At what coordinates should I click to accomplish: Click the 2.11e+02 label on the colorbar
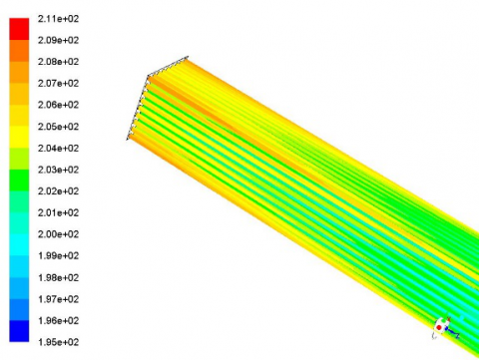coord(58,19)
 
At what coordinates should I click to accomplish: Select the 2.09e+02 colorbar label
coord(58,40)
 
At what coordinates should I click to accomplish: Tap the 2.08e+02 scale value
coord(58,62)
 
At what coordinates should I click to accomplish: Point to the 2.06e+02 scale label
coord(58,105)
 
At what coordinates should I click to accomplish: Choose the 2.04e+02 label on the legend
coord(58,149)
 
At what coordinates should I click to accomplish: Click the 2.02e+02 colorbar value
coord(58,191)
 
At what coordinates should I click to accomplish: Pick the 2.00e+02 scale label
coord(58,234)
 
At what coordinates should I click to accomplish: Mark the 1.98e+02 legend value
coord(58,277)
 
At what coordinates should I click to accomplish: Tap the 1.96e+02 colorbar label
coord(58,321)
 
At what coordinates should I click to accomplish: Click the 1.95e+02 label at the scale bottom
coord(58,342)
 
